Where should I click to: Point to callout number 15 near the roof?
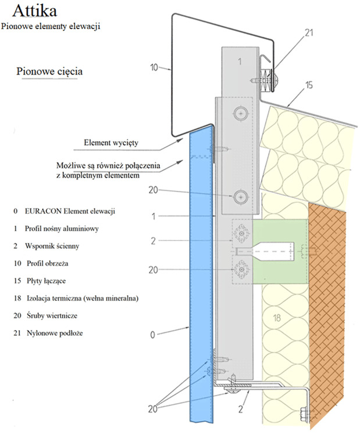(309, 85)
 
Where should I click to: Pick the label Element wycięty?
(113, 141)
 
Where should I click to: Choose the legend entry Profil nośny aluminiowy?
(64, 228)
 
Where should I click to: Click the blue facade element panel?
(199, 279)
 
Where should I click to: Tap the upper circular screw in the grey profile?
(238, 113)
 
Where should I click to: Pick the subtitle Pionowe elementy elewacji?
(51, 26)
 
